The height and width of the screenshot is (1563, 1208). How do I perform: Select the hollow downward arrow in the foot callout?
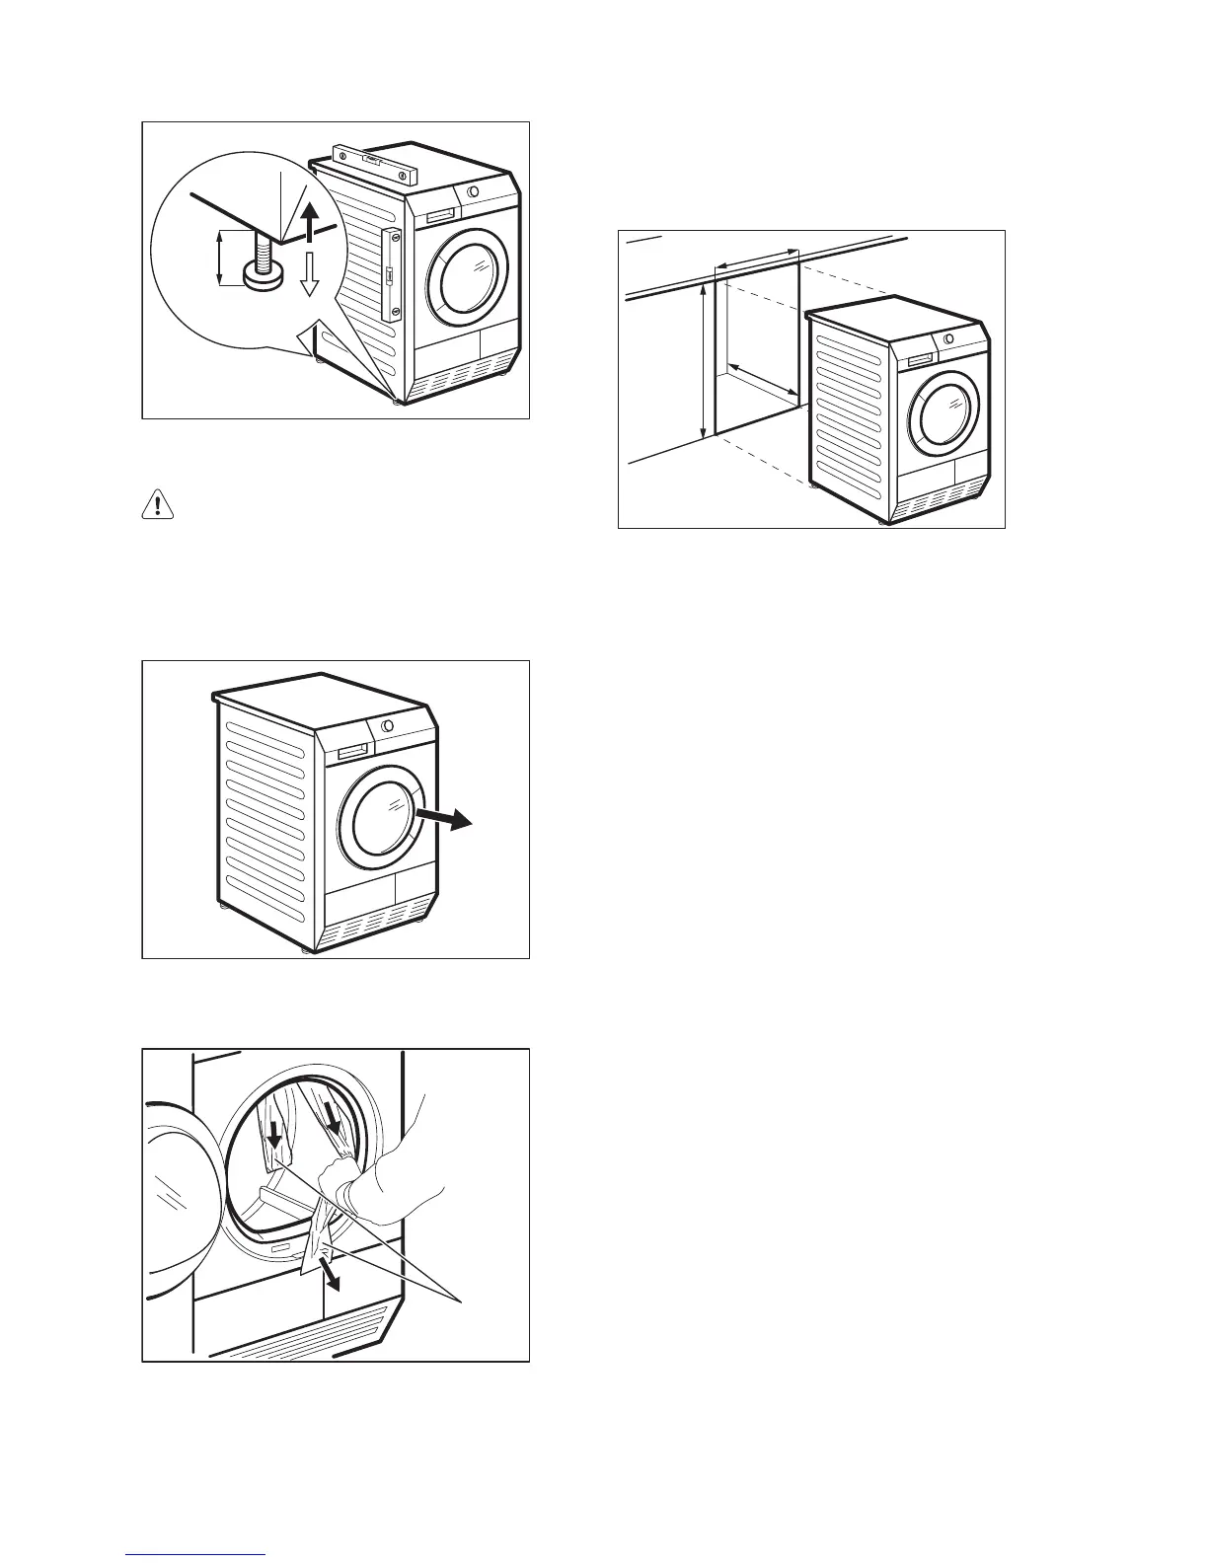click(x=309, y=273)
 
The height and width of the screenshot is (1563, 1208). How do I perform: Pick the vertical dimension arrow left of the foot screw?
click(x=219, y=258)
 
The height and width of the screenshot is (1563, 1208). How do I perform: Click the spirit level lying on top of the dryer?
click(x=374, y=162)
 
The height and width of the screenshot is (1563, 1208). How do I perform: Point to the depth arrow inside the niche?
click(x=762, y=390)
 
